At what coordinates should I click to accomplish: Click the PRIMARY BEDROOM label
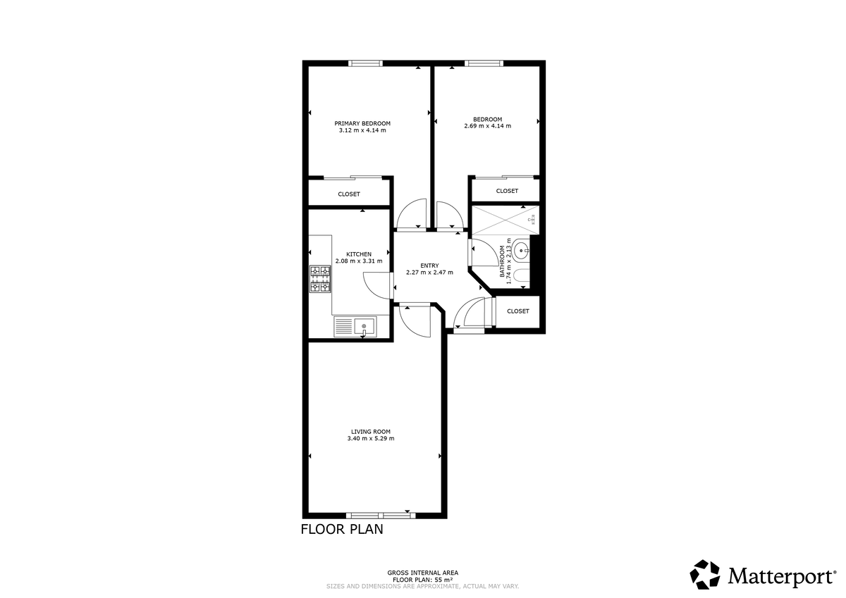tap(362, 123)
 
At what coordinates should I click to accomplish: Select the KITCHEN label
tap(359, 254)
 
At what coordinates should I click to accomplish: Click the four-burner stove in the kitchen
tap(320, 279)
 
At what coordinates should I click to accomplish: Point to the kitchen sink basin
tap(365, 325)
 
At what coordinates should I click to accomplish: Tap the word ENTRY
tap(429, 266)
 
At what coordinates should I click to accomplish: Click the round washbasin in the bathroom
tap(521, 249)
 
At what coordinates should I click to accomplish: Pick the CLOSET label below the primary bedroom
tap(348, 194)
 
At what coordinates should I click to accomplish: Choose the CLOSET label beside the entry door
tap(517, 311)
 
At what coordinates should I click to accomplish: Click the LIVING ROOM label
tap(371, 432)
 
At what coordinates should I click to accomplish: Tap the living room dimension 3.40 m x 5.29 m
tap(371, 439)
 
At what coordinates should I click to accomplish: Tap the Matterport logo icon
tap(704, 574)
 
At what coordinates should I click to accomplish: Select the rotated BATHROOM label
tap(503, 262)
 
